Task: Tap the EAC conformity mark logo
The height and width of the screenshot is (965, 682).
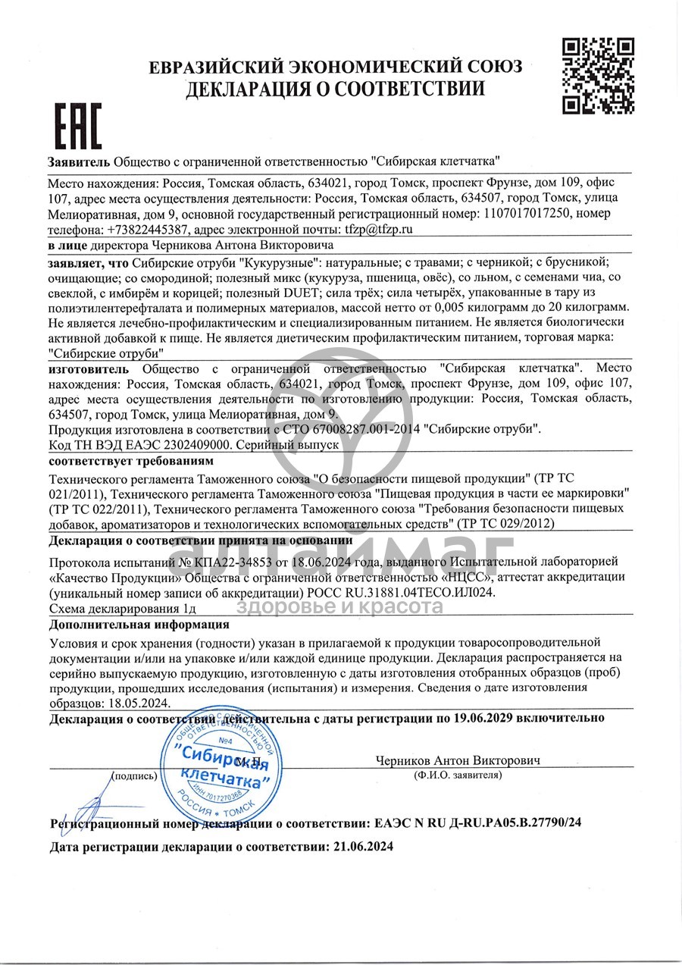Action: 79,125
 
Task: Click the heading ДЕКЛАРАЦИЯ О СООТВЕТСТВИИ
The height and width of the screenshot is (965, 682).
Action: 335,89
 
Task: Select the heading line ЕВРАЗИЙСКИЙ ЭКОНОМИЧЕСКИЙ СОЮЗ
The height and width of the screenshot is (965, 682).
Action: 335,67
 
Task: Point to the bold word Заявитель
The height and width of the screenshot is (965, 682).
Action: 79,161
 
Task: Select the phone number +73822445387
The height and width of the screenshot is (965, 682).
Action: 148,229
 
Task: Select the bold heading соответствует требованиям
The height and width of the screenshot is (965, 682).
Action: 131,461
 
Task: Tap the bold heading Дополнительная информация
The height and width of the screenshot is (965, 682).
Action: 139,624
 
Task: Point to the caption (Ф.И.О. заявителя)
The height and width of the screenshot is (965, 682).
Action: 457,775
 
